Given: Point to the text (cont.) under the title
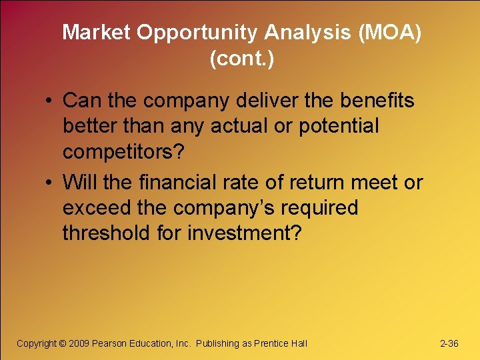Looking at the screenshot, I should [241, 59].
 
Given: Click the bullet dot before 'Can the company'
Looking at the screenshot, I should [50, 102].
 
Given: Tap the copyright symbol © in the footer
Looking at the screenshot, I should [63, 343].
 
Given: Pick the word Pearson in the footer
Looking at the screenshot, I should [113, 343].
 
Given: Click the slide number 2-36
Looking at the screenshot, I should [449, 343].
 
